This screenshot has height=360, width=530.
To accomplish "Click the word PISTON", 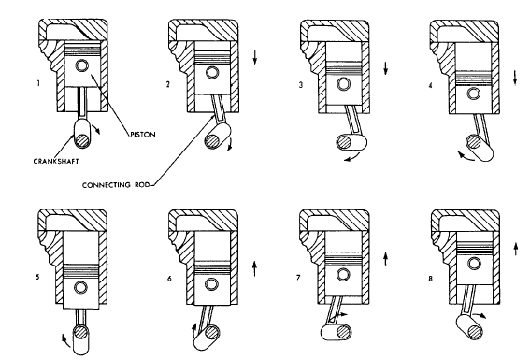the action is coord(143,135).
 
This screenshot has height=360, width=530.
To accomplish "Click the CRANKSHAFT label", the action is coord(56,161).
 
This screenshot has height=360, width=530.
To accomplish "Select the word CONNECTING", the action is coord(101,185).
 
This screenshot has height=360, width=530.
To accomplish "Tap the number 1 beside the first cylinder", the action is coord(38,83).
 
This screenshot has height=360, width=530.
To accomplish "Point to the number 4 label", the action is coord(430,85).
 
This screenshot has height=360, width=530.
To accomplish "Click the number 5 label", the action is coord(37,277).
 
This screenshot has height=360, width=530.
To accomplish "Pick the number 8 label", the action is coord(430,279).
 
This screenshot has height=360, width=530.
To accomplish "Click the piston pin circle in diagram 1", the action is coord(82,65).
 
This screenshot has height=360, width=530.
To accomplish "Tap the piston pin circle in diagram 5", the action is coord(81,288).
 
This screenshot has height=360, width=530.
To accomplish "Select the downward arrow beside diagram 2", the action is coord(255,57).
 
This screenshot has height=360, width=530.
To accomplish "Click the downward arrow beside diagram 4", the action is coord(515,78).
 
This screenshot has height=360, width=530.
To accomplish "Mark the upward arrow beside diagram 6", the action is coord(254,268).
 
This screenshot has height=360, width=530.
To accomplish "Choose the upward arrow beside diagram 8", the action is coord(515,249).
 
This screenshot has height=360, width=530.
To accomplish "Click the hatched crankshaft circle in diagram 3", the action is coord(344,142).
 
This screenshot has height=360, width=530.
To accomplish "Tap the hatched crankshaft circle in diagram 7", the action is coord(344,332).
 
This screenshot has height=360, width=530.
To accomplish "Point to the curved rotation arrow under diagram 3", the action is coord(352,157).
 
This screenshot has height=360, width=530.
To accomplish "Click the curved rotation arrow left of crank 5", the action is coord(66,340).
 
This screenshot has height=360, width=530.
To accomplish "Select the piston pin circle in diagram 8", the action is coord(474,264).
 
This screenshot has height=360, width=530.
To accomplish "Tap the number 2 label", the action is coord(168,84).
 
